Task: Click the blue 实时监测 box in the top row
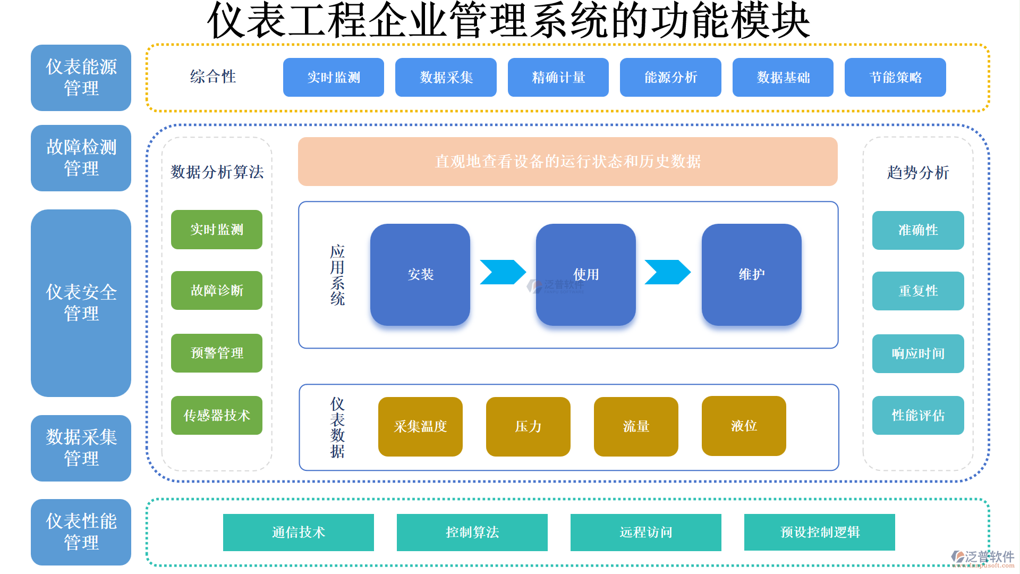pyautogui.click(x=333, y=78)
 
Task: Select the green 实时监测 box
pyautogui.click(x=216, y=230)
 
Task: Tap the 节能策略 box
pyautogui.click(x=895, y=78)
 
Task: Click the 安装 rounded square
pyautogui.click(x=420, y=274)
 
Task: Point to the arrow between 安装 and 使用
pyautogui.click(x=502, y=272)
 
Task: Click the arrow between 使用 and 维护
pyautogui.click(x=667, y=272)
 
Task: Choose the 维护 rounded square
pyautogui.click(x=751, y=274)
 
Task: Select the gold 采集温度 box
pyautogui.click(x=420, y=426)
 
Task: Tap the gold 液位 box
pyautogui.click(x=743, y=426)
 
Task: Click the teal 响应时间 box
pyautogui.click(x=917, y=353)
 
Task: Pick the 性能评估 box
pyautogui.click(x=917, y=415)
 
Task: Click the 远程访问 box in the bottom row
pyautogui.click(x=645, y=532)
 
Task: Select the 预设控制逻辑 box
pyautogui.click(x=819, y=532)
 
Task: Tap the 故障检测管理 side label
pyautogui.click(x=81, y=158)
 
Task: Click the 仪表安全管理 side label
pyautogui.click(x=81, y=303)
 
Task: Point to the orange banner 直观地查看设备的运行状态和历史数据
pyautogui.click(x=567, y=162)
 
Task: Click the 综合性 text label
pyautogui.click(x=212, y=77)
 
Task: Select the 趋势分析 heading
pyautogui.click(x=917, y=172)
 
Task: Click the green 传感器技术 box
pyautogui.click(x=216, y=415)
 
